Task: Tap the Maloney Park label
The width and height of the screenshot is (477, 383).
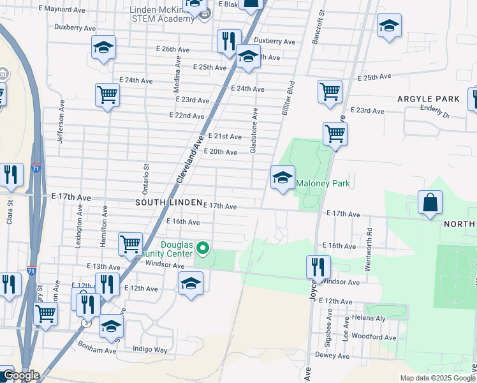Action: [x=323, y=184]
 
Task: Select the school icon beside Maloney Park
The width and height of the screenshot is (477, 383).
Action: [x=283, y=178]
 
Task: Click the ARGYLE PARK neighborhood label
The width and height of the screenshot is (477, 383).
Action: [x=428, y=99]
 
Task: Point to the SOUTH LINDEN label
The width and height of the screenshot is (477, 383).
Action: [x=168, y=202]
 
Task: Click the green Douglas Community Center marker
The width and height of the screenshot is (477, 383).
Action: [x=203, y=247]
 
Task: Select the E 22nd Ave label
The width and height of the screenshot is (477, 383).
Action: [x=187, y=116]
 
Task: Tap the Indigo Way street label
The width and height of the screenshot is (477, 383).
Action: [x=150, y=350]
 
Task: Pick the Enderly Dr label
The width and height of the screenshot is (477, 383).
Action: [x=435, y=112]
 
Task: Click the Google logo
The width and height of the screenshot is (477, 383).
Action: [x=21, y=375]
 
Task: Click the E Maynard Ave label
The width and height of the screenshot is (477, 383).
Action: [x=62, y=10]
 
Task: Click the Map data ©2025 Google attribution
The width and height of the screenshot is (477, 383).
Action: [x=437, y=378]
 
